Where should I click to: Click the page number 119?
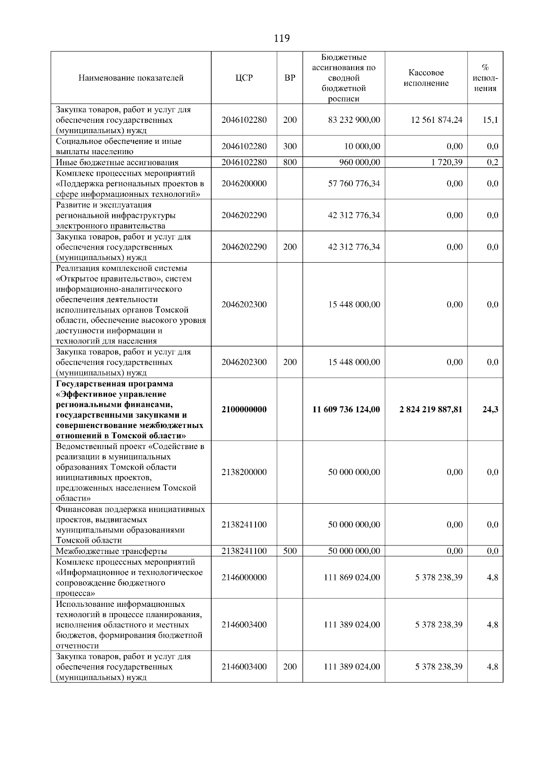click(x=282, y=39)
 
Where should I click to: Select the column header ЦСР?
click(x=244, y=78)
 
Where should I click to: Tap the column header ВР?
click(x=290, y=78)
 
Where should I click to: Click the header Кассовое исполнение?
click(x=426, y=78)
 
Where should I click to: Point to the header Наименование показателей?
click(x=131, y=78)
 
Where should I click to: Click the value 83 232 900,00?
click(x=354, y=120)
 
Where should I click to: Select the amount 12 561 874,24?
click(x=437, y=120)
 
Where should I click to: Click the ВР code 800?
click(x=290, y=162)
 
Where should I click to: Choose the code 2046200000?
click(x=244, y=183)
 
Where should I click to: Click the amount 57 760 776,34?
click(x=354, y=183)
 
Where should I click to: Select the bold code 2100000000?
click(x=244, y=409)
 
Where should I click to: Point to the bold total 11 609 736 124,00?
click(x=346, y=409)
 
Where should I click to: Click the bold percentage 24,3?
click(x=490, y=409)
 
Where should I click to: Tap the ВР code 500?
click(x=290, y=551)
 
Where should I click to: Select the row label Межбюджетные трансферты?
click(x=111, y=551)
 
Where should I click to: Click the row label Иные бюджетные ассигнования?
click(x=117, y=163)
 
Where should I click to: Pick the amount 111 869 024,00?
click(x=352, y=577)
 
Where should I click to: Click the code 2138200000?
click(x=244, y=472)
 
